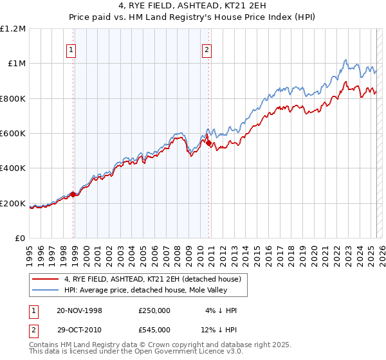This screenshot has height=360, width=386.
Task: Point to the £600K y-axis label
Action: [13, 134]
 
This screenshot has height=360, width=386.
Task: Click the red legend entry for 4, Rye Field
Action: [152, 279]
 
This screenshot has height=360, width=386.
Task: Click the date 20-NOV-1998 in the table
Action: [79, 311]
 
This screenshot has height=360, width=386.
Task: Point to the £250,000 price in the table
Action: [154, 311]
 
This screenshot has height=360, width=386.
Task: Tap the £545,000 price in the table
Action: [154, 330]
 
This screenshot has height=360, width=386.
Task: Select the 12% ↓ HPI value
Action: [221, 330]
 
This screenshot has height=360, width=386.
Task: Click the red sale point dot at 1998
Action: [73, 194]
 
